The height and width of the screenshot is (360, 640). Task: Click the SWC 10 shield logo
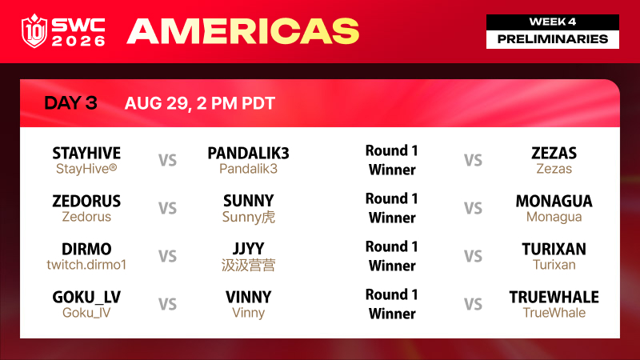pos(34,31)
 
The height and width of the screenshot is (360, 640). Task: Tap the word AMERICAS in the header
pos(243,31)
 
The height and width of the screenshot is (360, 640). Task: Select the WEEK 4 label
pos(553,22)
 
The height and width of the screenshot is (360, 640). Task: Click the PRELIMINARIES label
pos(553,39)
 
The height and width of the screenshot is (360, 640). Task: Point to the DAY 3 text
pos(70,103)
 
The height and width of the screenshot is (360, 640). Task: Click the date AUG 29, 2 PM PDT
pos(199,103)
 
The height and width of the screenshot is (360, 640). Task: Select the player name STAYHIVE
pos(86,153)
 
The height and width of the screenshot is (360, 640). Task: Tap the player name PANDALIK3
pos(248,153)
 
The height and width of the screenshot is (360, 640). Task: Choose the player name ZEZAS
pos(554,153)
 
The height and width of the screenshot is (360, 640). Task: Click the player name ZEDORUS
pos(86,201)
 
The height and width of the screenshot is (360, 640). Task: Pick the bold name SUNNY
pos(248,201)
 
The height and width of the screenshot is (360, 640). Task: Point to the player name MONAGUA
pos(554,201)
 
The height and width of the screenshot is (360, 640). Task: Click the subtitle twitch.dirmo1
pos(86,265)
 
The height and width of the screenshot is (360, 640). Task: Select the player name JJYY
pos(248,249)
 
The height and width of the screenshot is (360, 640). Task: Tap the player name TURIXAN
pos(554,249)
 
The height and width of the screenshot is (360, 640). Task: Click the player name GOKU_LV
pos(86,297)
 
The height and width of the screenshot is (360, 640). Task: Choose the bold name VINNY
pos(248,297)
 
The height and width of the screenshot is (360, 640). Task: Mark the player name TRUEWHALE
pos(554,297)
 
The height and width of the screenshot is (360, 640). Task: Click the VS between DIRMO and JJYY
pos(167,256)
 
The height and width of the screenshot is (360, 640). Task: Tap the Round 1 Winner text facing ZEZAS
pos(392,160)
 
